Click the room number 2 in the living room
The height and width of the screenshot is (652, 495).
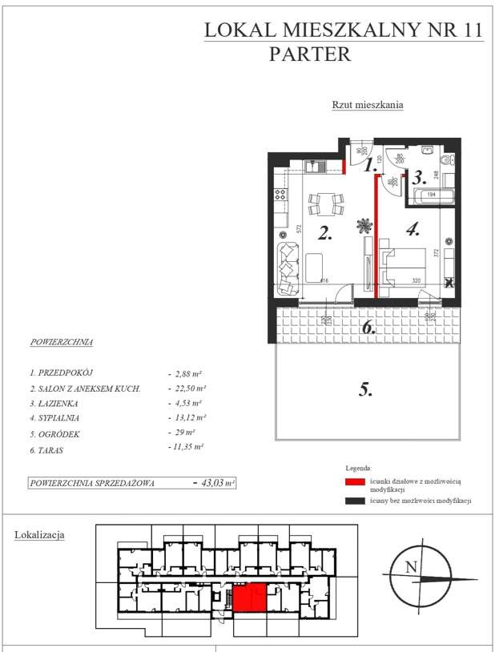324,234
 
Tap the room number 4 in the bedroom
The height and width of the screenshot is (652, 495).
412,230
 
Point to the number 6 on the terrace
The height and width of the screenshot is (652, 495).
367,327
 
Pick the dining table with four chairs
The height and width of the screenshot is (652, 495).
325,204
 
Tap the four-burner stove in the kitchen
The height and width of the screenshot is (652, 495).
280,194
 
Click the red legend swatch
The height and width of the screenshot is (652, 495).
355,483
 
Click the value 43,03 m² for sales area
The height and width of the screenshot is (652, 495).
215,483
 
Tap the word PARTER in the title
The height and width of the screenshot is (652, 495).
310,54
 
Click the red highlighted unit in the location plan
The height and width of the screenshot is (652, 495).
249,598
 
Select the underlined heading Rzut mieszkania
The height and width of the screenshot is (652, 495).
368,105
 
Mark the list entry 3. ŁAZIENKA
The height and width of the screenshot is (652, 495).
55,403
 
